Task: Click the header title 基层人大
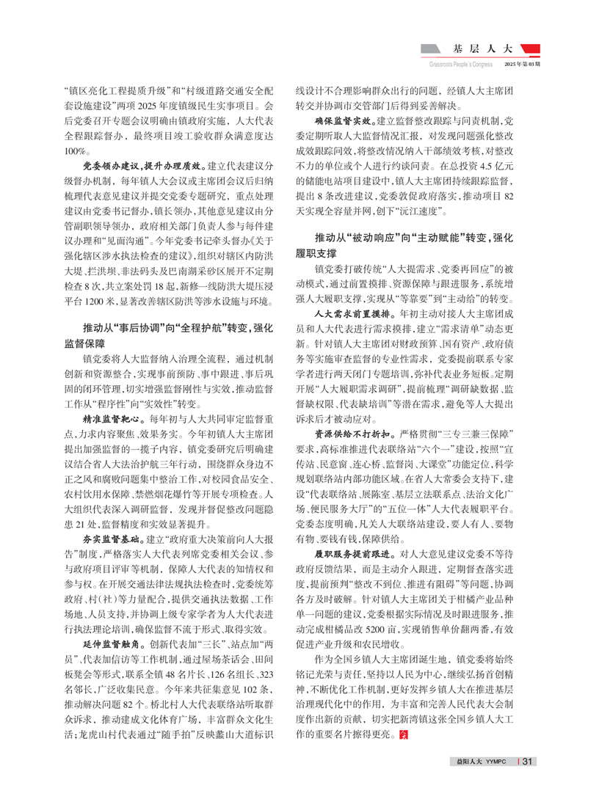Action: (x=482, y=51)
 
